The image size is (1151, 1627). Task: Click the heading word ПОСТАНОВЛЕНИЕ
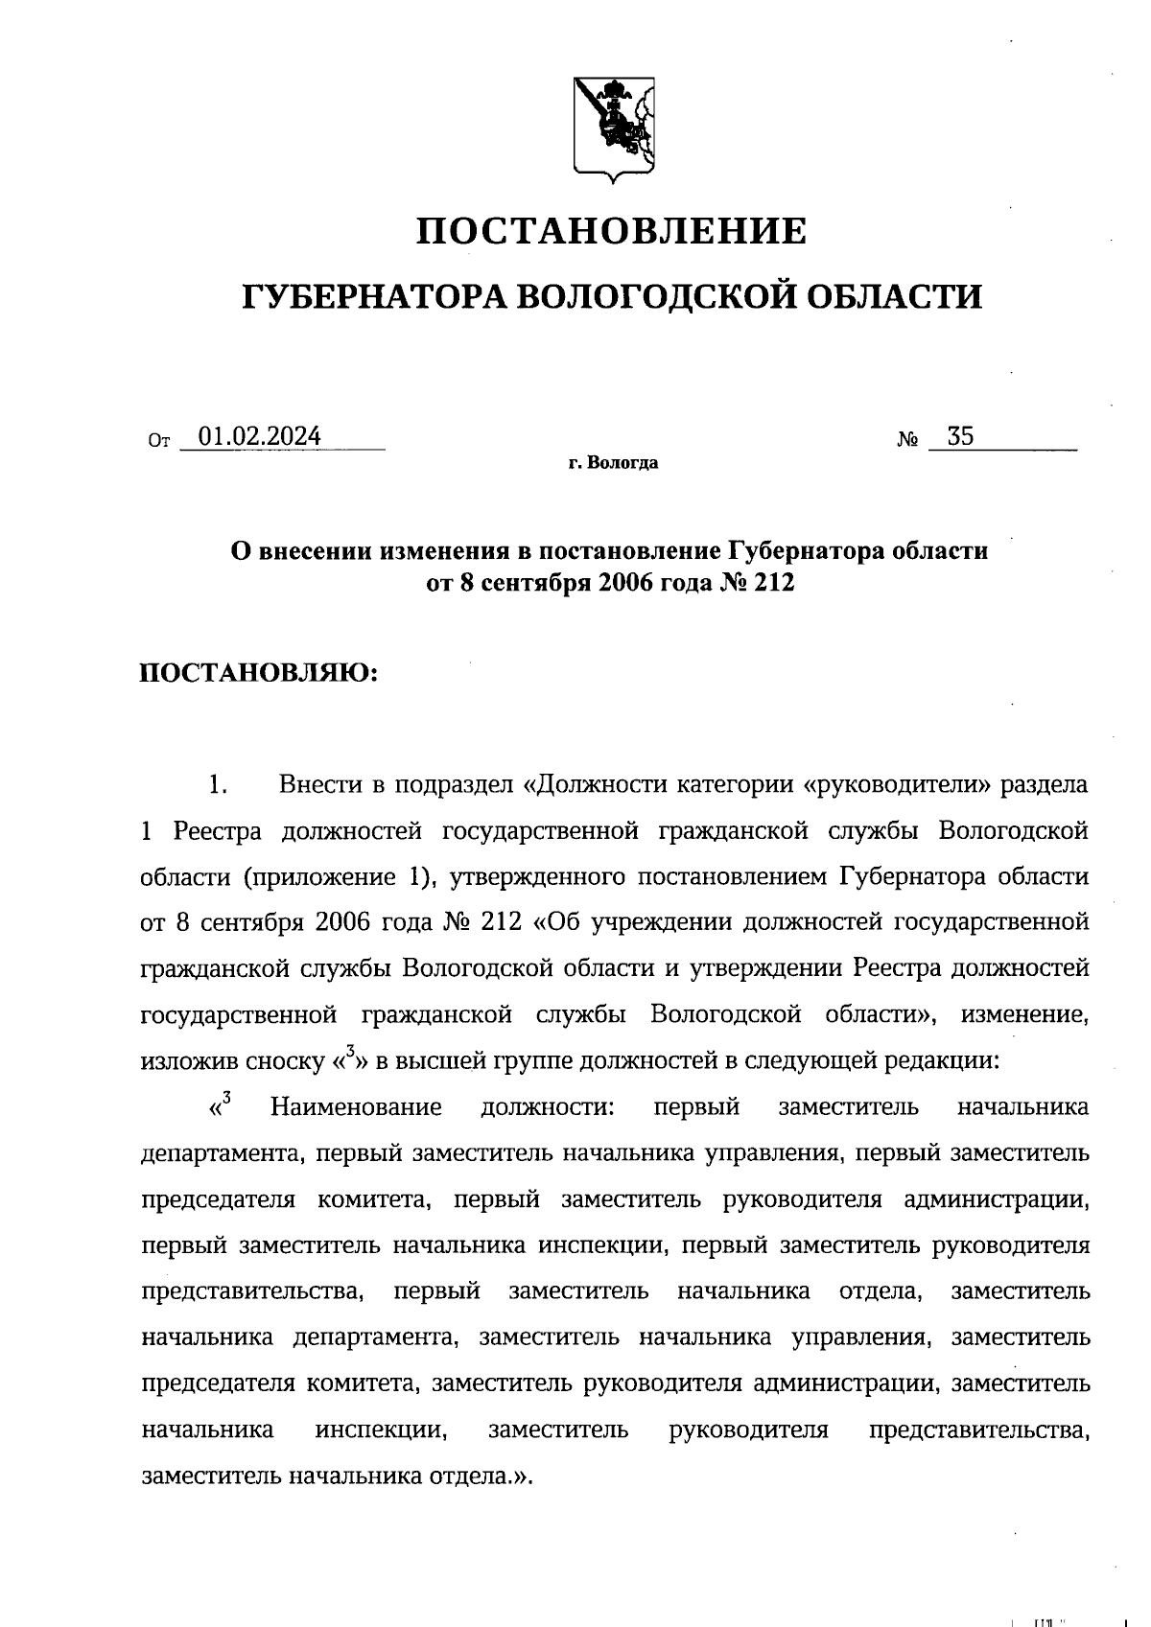[x=612, y=232]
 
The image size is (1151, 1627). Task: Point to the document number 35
[x=960, y=437]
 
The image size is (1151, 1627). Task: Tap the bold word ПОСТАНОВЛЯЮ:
[x=261, y=672]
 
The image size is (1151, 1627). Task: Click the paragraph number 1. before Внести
[x=217, y=785]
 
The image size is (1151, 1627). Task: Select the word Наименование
[x=356, y=1107]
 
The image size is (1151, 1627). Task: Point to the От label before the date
[x=159, y=442]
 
